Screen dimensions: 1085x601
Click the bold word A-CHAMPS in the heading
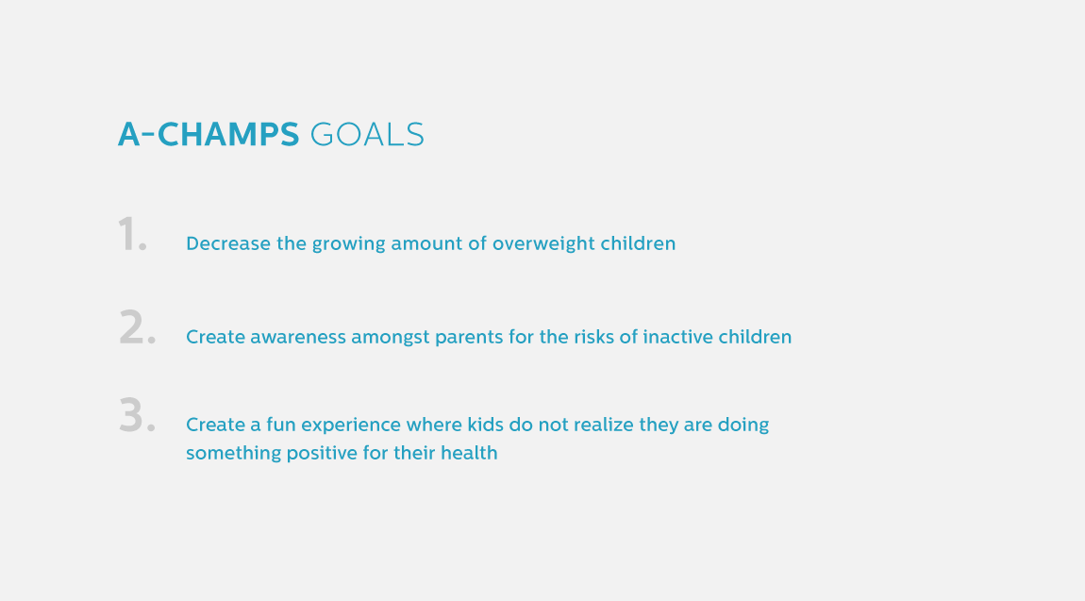click(x=209, y=134)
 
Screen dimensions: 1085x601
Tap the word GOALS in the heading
click(x=367, y=134)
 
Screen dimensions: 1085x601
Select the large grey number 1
click(x=132, y=234)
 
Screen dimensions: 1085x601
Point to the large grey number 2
click(x=137, y=327)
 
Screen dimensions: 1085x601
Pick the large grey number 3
click(x=137, y=415)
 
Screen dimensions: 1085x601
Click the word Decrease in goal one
click(x=227, y=243)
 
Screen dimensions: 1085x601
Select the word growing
click(x=349, y=244)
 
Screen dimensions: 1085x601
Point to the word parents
click(x=469, y=338)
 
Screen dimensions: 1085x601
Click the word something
click(x=233, y=454)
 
